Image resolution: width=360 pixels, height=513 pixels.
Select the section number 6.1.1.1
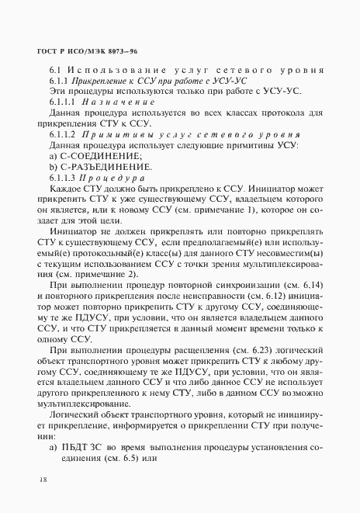[62, 102]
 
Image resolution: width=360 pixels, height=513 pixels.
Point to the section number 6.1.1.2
[62, 135]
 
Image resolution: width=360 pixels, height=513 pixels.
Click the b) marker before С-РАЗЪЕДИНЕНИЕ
[54, 168]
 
